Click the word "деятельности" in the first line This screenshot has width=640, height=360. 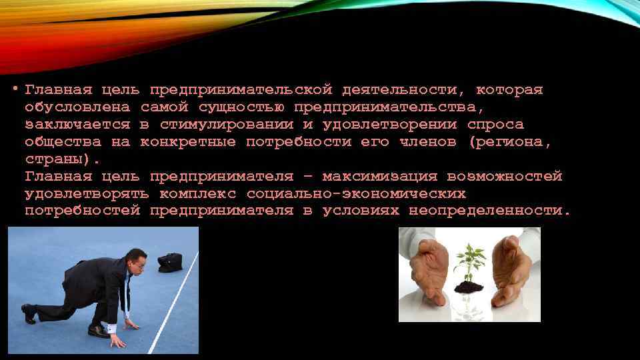(399, 89)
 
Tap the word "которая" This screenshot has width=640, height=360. (510, 89)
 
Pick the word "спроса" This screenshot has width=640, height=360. (495, 124)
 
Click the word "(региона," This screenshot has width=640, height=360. (510, 141)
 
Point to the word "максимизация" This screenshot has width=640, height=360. (380, 177)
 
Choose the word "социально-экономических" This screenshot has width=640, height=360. (356, 194)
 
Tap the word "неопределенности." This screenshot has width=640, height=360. (490, 211)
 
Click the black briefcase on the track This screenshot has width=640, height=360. (170, 262)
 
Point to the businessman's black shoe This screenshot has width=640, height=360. (99, 331)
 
